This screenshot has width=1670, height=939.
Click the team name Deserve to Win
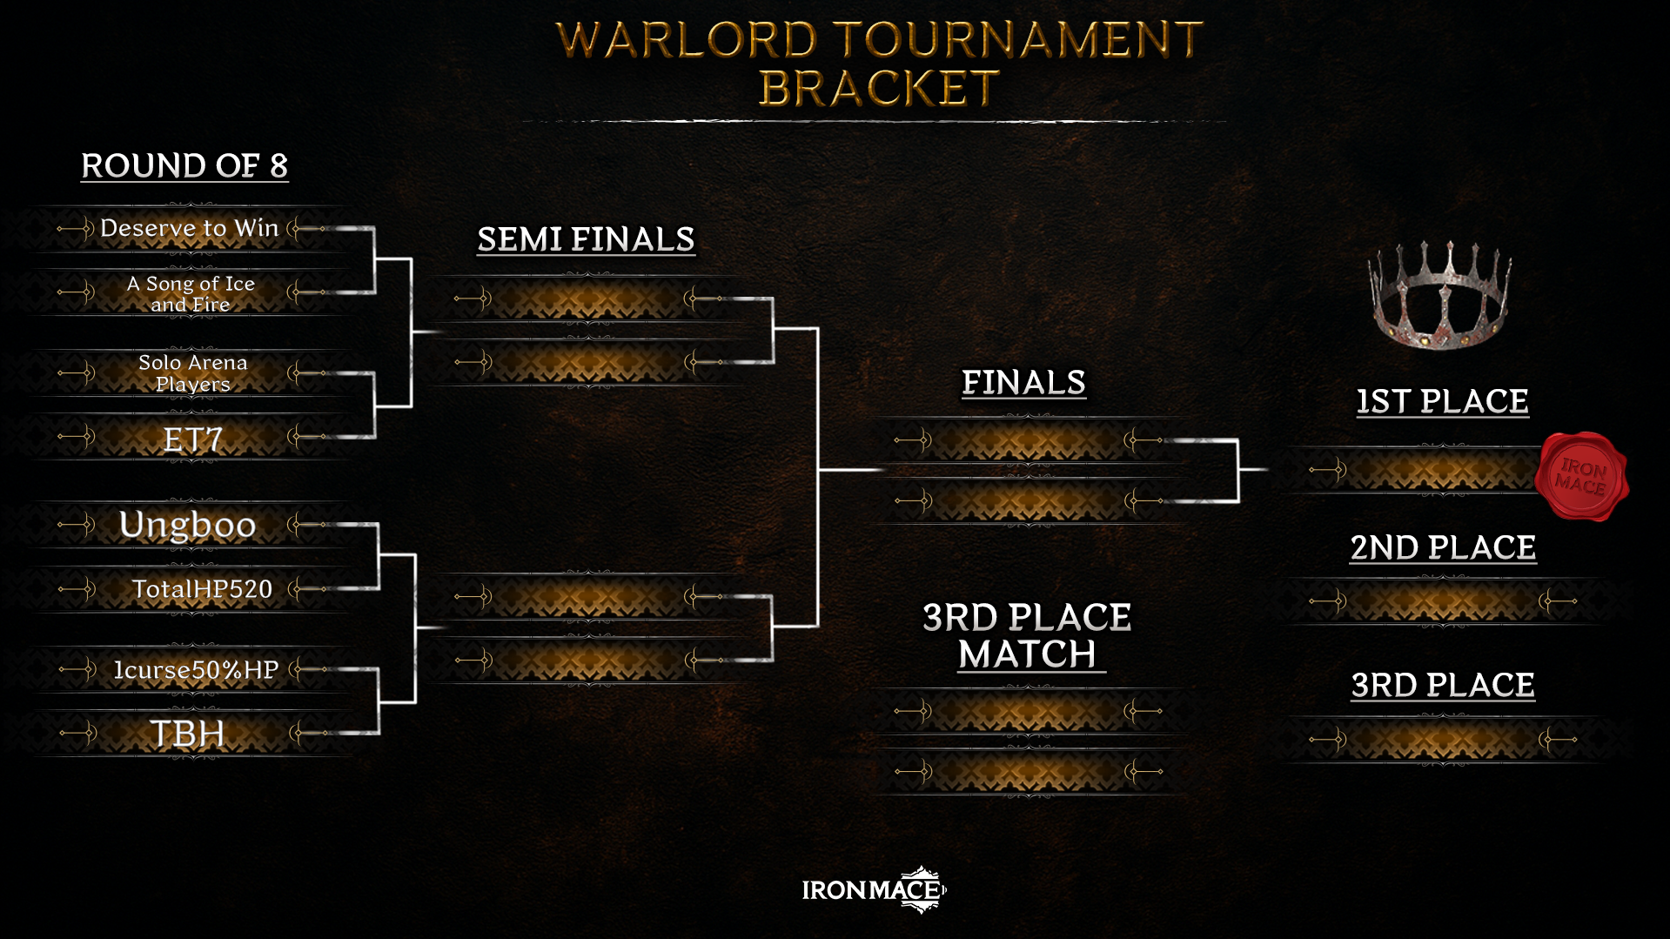coord(190,228)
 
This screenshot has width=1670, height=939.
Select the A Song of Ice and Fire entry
coord(191,293)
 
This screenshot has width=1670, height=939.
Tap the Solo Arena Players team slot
coord(192,373)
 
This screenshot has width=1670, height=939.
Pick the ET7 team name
coord(193,439)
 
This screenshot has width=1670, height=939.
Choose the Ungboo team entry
coord(188,525)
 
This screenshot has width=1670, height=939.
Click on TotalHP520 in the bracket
coord(202,589)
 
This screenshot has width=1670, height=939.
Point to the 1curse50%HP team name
coord(197,669)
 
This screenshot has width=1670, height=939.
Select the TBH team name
coord(187,734)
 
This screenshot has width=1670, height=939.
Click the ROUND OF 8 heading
coord(184,165)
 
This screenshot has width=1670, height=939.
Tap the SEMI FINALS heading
coord(587,239)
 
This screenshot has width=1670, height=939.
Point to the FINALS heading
coord(1023,383)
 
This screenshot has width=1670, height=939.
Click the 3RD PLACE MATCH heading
coord(1027,636)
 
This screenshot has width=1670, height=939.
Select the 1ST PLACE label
coord(1443,401)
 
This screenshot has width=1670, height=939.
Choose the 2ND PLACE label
coord(1443,547)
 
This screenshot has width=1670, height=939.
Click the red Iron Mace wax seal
coord(1581,476)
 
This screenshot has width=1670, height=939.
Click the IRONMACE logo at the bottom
coord(874,889)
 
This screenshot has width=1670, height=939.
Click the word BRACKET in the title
coord(879,88)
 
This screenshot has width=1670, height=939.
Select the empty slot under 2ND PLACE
coord(1443,601)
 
